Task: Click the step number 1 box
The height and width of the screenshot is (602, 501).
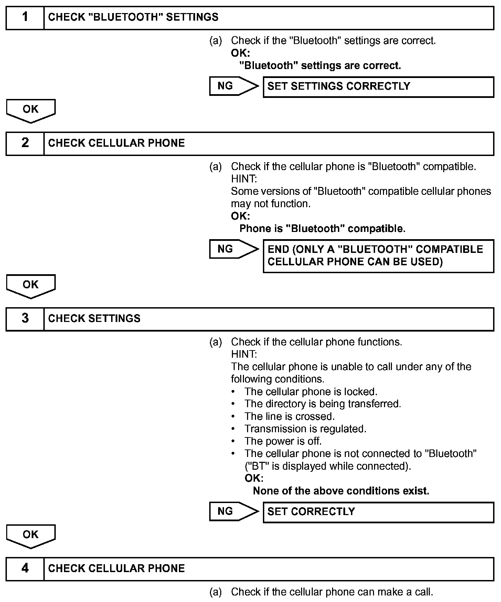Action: [x=25, y=18]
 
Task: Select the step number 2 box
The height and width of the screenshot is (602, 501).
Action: [x=25, y=143]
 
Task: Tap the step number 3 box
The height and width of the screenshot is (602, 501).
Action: [x=25, y=319]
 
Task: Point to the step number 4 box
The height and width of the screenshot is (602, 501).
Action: [x=25, y=568]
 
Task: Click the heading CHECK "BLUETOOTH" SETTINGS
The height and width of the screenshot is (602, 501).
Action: [x=133, y=18]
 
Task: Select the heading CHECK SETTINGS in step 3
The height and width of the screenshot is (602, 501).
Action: [x=94, y=319]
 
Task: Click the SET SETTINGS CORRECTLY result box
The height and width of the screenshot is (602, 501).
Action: [x=378, y=87]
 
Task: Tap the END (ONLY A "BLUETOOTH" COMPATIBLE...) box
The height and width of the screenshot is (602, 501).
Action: [x=378, y=256]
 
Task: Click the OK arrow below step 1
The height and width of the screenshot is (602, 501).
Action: [x=31, y=110]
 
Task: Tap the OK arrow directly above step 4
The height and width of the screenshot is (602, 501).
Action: [x=31, y=535]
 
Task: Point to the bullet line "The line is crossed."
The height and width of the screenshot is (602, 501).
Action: [x=289, y=416]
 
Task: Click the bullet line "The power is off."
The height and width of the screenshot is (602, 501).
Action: [x=283, y=441]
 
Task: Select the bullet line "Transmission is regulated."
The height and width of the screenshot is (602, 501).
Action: [x=305, y=429]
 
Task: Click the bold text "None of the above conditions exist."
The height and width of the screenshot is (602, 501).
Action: [x=341, y=491]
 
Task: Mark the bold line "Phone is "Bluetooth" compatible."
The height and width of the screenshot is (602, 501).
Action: [x=322, y=228]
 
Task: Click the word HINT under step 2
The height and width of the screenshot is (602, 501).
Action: [x=244, y=179]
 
